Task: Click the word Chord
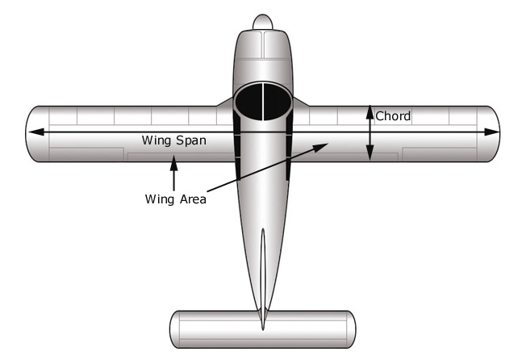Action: point(393,116)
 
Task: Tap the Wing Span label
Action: point(173,140)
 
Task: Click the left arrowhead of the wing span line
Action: point(33,132)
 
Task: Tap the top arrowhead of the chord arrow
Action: point(370,111)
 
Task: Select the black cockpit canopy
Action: point(261,100)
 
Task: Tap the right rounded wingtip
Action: point(491,133)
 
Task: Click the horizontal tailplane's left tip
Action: point(177,329)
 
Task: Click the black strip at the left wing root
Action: point(237,145)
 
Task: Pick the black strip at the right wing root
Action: point(288,145)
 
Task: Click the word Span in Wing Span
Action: point(190,140)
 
